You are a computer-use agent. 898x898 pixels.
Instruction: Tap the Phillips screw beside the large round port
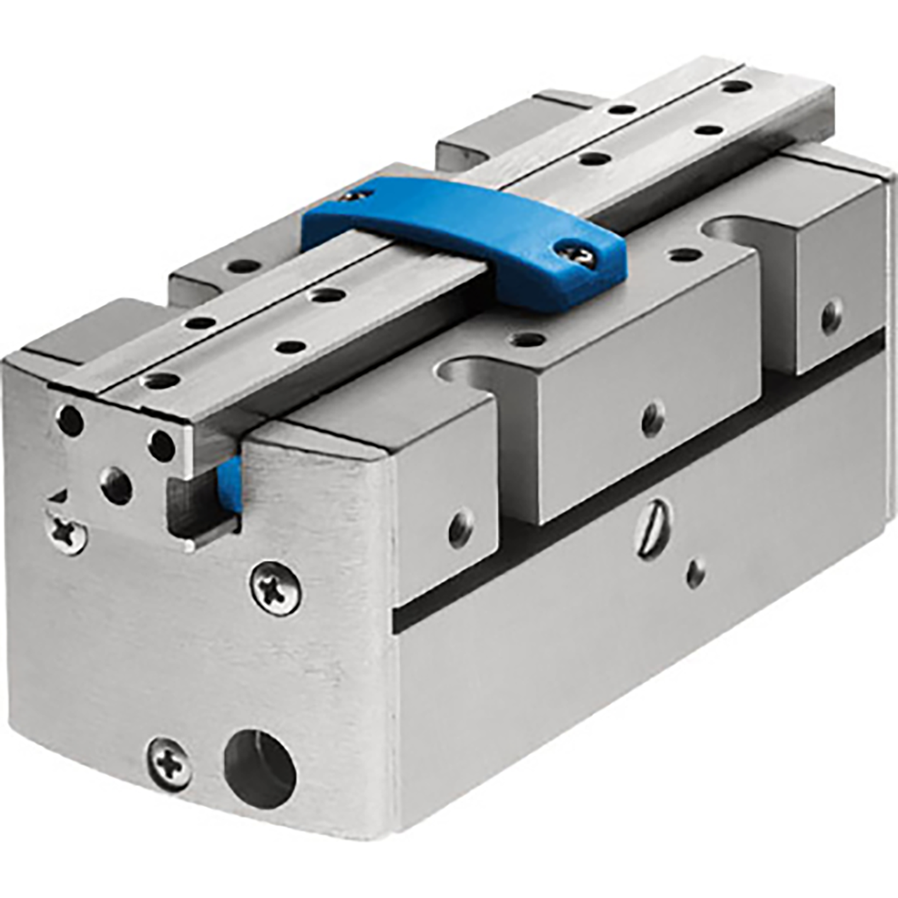pyautogui.click(x=170, y=764)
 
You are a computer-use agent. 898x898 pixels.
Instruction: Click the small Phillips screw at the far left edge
pyautogui.click(x=67, y=533)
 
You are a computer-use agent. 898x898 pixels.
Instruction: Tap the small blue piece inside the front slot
pyautogui.click(x=228, y=484)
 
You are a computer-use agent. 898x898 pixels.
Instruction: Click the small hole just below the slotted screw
pyautogui.click(x=696, y=573)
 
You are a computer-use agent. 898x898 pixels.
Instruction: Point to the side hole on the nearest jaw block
pyautogui.click(x=461, y=528)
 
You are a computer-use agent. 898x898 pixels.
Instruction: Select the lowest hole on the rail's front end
pyautogui.click(x=117, y=486)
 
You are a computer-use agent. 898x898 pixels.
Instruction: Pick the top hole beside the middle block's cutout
pyautogui.click(x=527, y=340)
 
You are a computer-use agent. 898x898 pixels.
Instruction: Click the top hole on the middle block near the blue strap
pyautogui.click(x=685, y=255)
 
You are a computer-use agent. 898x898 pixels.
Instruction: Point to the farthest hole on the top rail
pyautogui.click(x=733, y=86)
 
